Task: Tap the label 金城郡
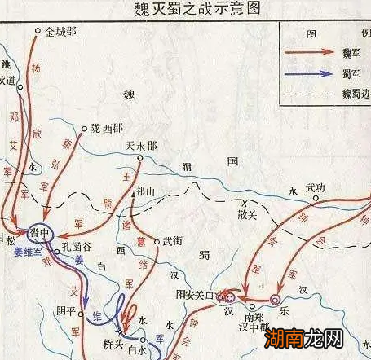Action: coord(60,32)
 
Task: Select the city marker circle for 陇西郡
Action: coord(86,127)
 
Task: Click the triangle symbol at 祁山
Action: coord(132,195)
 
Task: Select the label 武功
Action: coord(315,188)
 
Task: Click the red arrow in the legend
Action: coord(311,51)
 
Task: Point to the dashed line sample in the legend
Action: coord(311,94)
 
